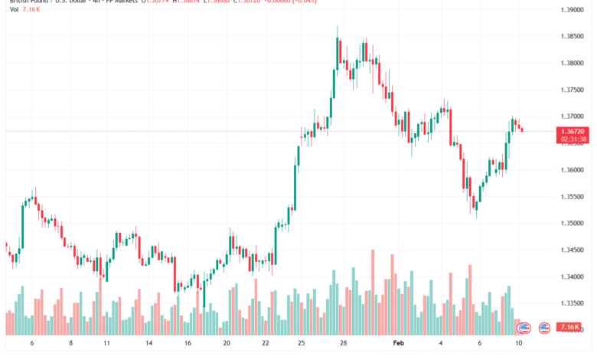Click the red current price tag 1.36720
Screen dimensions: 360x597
point(573,132)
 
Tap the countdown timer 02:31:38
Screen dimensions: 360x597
point(573,139)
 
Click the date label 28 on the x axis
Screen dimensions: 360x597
point(344,345)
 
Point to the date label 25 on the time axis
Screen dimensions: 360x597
point(302,345)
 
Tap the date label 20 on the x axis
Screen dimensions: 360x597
point(226,345)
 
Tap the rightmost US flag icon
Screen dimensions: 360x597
point(544,328)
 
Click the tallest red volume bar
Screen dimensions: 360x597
point(373,292)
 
